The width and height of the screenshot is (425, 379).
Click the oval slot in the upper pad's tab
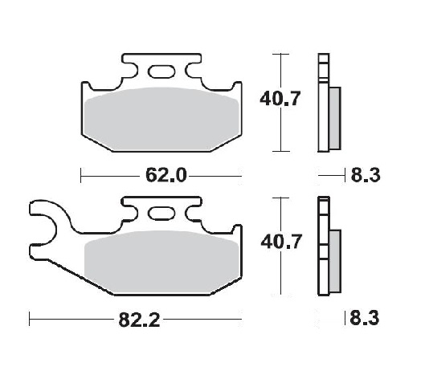point(161,71)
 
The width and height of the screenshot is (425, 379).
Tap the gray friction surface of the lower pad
point(161,262)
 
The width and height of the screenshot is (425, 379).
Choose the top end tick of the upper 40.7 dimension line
point(279,54)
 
